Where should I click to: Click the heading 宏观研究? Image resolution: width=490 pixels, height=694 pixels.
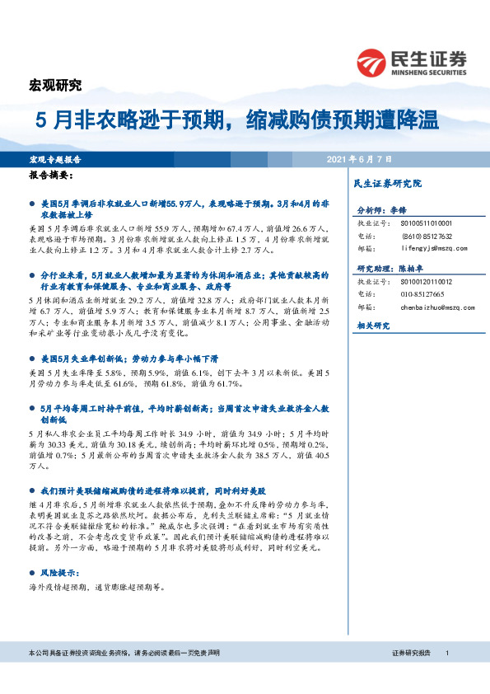pos(56,84)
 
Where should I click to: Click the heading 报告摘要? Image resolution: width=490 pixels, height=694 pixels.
pos(51,176)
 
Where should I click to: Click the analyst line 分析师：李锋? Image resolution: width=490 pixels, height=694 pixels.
pos(383,211)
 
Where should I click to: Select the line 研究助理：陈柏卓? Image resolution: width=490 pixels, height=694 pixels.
pos(389,270)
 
